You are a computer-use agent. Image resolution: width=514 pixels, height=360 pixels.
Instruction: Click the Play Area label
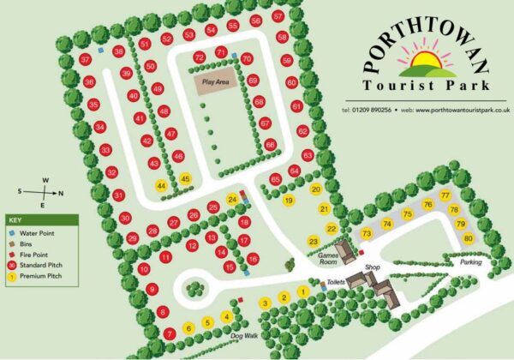pos(213,83)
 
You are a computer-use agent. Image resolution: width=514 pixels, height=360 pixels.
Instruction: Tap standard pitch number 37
pos(85,59)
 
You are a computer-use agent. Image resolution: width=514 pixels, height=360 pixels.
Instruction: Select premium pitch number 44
pos(160,185)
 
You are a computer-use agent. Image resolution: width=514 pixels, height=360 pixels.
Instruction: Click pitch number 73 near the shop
pos(367,233)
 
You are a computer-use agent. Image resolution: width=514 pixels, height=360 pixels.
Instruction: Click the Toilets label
pos(336,282)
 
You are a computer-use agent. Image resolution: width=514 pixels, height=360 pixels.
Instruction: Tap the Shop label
pos(372,268)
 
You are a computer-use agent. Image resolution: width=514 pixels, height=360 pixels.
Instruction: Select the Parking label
pos(469,262)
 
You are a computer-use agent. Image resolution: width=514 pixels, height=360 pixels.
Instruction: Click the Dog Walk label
pos(244,336)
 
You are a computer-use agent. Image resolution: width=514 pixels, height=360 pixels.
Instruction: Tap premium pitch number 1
pos(302,293)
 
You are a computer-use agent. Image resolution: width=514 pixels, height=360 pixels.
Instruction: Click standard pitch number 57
pos(278,16)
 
